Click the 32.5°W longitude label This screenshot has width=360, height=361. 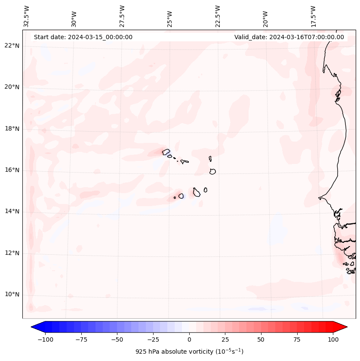coord(27,16)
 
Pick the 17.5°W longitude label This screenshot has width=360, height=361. coord(313,16)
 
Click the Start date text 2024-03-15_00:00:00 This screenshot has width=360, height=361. coord(83,37)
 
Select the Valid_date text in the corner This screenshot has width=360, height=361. coord(289,37)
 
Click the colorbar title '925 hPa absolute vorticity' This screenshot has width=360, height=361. coord(189,352)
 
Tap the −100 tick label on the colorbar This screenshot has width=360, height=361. coord(44,339)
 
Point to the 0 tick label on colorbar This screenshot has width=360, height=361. coord(189,339)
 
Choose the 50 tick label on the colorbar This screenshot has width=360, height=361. coord(261,339)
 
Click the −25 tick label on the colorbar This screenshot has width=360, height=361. coord(153,339)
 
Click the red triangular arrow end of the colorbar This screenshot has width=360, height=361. coord(340,327)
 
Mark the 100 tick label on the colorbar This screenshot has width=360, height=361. coord(333,339)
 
